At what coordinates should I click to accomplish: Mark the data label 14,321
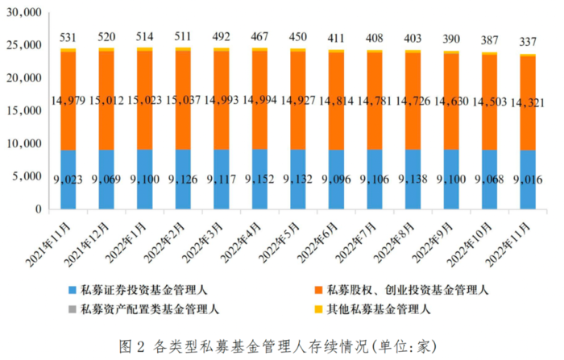[x=528, y=100]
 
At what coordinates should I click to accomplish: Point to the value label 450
[x=298, y=36]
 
